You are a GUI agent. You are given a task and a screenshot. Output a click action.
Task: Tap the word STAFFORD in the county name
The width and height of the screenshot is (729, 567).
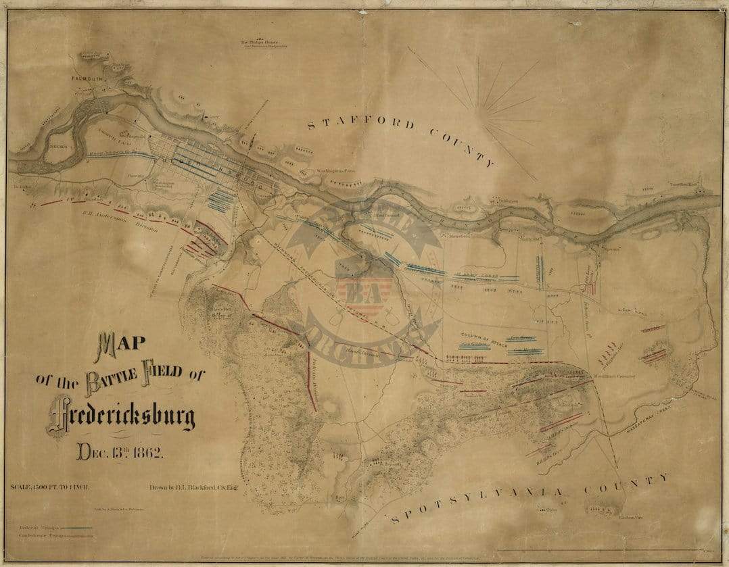(x=361, y=123)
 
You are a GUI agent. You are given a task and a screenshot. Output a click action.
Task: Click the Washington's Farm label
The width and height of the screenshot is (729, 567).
(x=335, y=171)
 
